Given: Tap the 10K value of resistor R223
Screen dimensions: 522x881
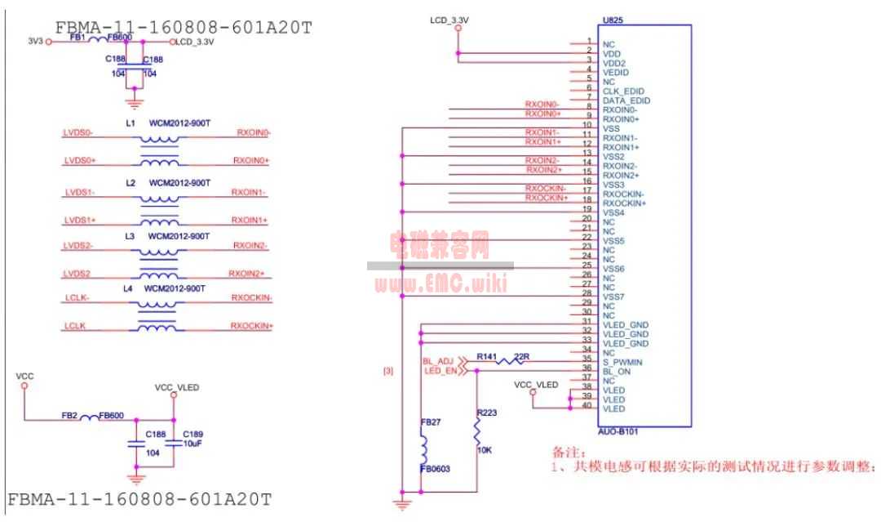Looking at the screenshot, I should click(484, 449).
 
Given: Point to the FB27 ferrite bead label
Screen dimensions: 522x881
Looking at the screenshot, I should click(430, 422).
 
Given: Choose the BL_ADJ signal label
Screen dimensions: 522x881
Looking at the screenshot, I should click(437, 360).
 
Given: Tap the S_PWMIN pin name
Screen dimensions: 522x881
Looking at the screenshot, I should click(622, 361).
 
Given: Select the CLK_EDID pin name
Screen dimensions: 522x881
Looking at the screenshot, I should click(623, 91).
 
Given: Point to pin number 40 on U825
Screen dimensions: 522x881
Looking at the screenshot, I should click(585, 405).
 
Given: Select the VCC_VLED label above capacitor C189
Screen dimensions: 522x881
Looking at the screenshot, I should click(176, 387).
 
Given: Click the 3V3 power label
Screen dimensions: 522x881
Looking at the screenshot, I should click(34, 40).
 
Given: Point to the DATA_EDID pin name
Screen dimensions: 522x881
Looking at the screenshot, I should click(625, 100).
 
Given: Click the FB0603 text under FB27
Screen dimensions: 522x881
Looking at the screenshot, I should click(435, 470).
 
